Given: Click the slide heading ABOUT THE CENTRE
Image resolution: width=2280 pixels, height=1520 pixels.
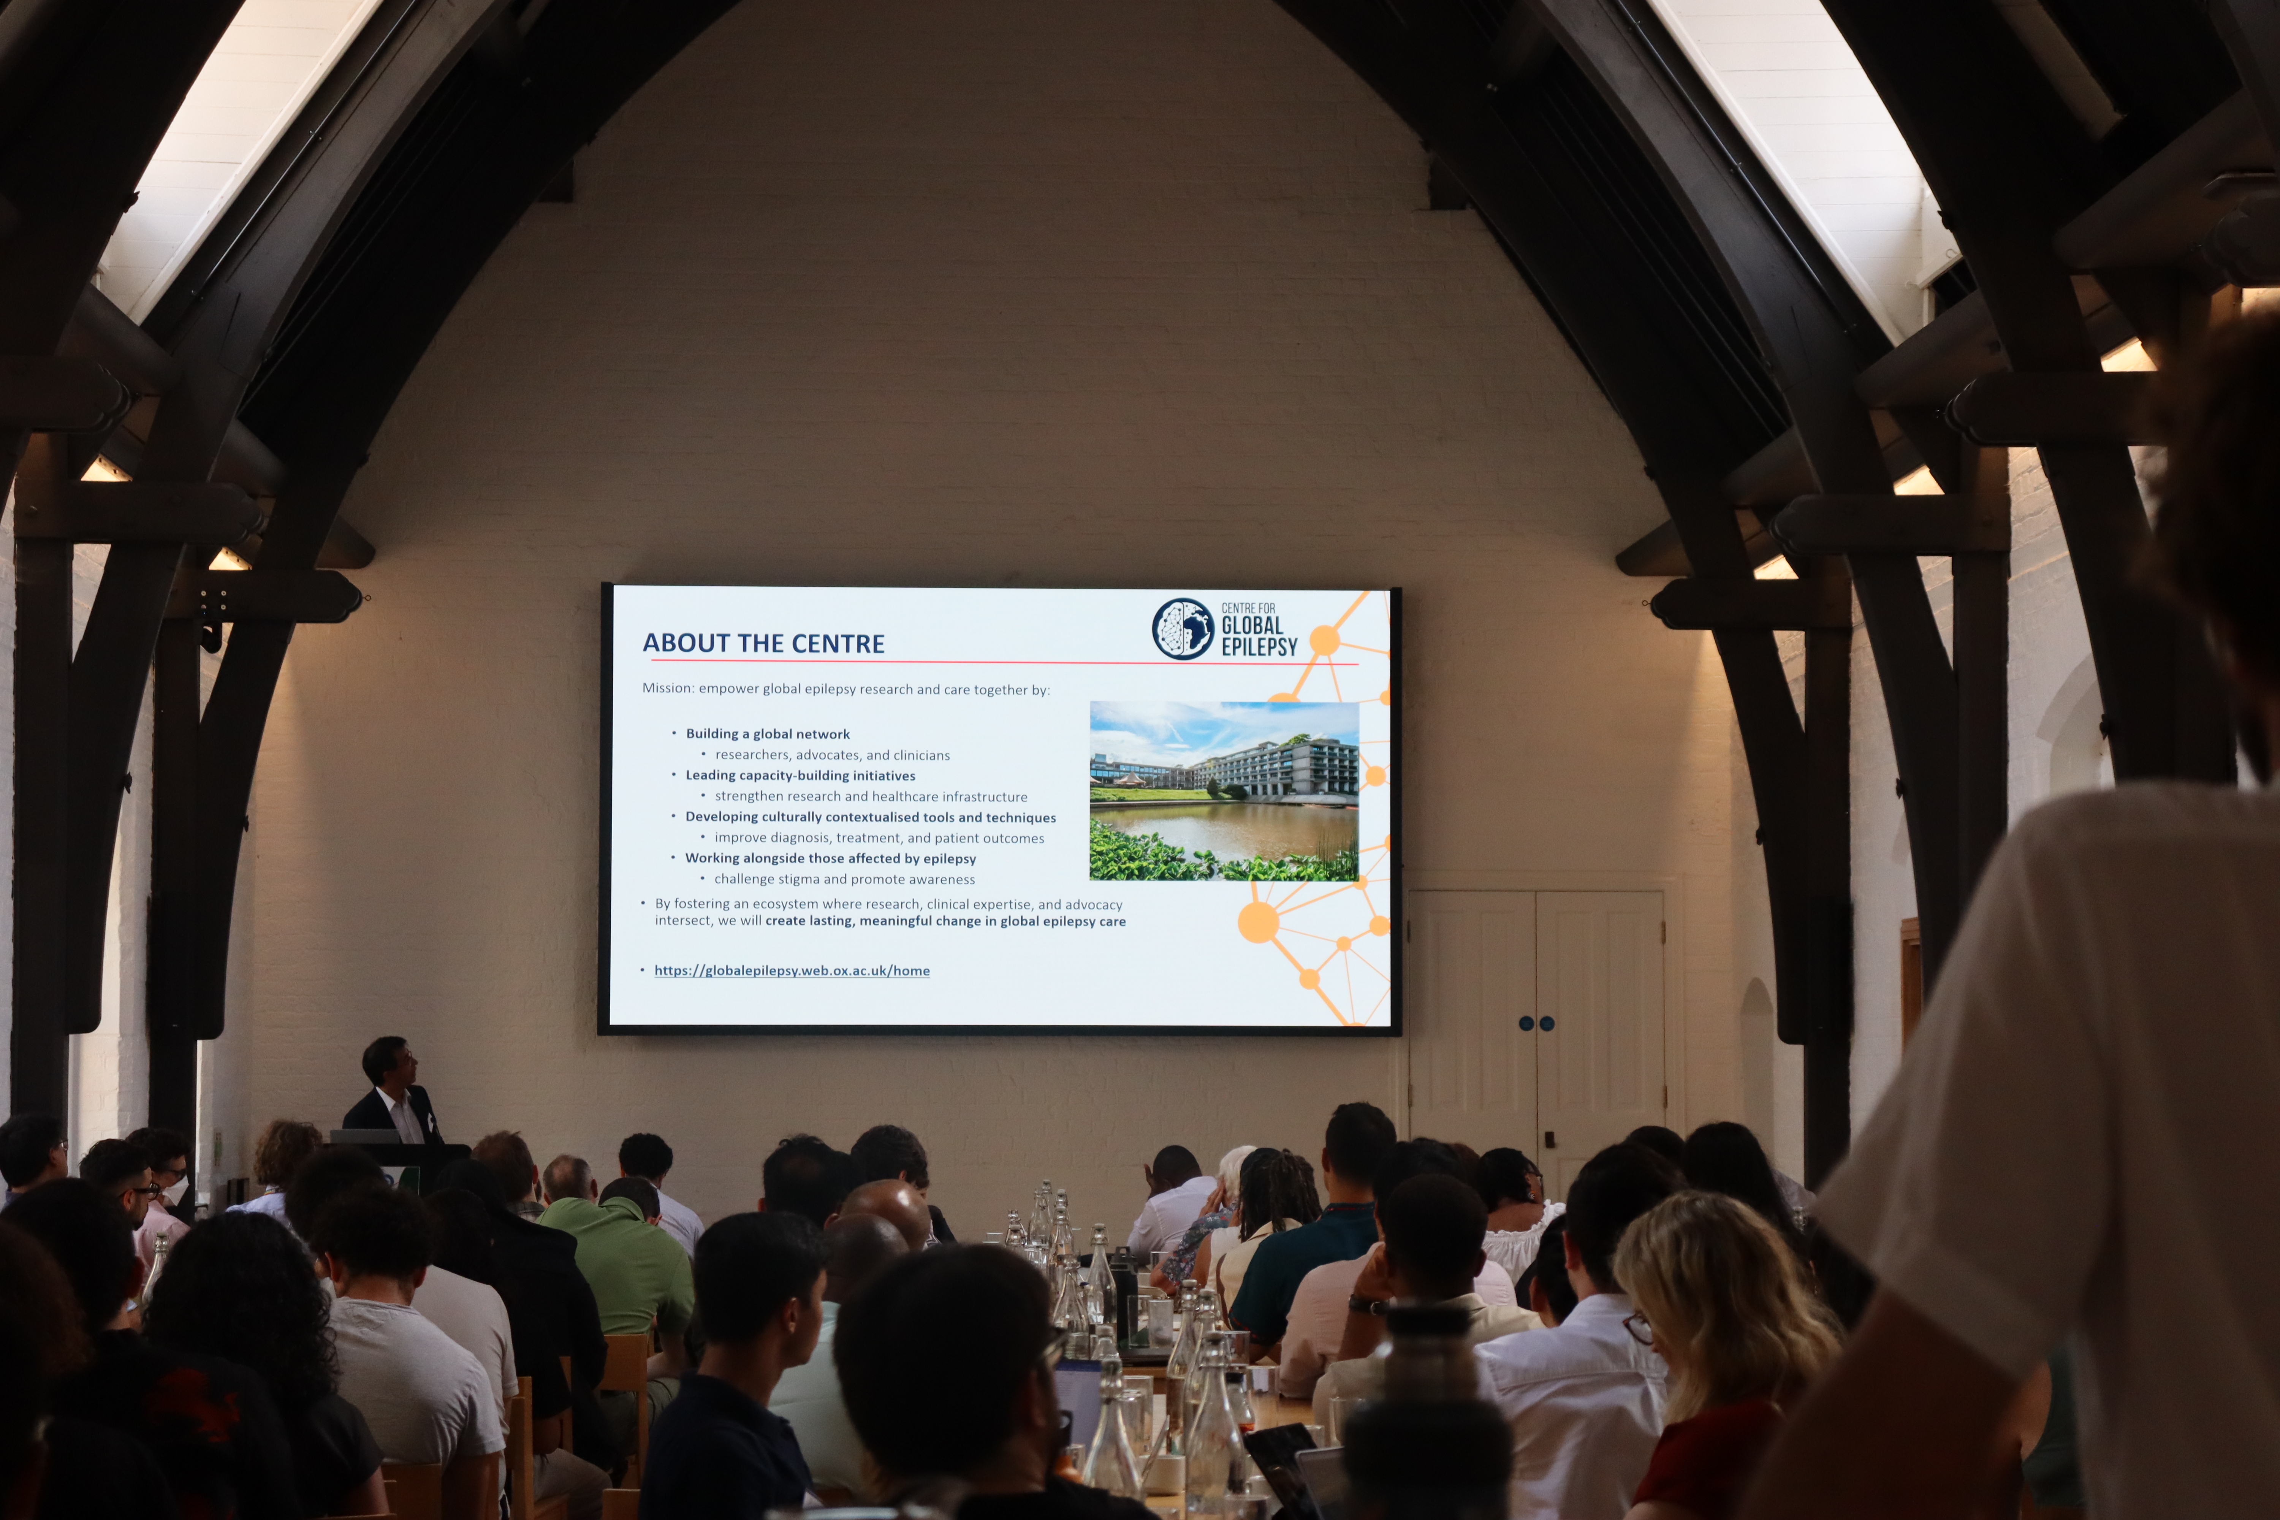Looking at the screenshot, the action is pyautogui.click(x=764, y=644).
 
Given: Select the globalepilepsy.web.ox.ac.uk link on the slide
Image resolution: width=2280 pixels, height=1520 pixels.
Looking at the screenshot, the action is pyautogui.click(x=792, y=971).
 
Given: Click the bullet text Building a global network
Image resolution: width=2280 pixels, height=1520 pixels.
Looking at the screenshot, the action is pyautogui.click(x=768, y=734).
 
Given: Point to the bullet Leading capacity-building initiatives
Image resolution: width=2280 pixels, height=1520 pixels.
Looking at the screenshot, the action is pyautogui.click(x=801, y=776).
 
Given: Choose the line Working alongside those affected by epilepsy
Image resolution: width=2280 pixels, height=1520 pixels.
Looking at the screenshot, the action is pyautogui.click(x=831, y=858).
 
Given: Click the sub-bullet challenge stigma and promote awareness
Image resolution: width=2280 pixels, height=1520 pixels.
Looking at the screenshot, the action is pyautogui.click(x=844, y=879).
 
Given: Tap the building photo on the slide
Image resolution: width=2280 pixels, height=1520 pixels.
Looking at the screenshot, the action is pyautogui.click(x=1224, y=791).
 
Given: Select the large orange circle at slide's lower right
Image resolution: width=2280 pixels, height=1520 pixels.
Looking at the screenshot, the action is pyautogui.click(x=1258, y=922).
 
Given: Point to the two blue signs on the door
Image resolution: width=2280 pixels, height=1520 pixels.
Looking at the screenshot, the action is pyautogui.click(x=1536, y=1024).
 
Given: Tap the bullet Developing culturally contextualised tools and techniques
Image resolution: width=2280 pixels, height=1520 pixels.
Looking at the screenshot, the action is pyautogui.click(x=871, y=817).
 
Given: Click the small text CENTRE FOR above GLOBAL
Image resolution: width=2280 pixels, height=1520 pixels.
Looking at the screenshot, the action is pyautogui.click(x=1249, y=608).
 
